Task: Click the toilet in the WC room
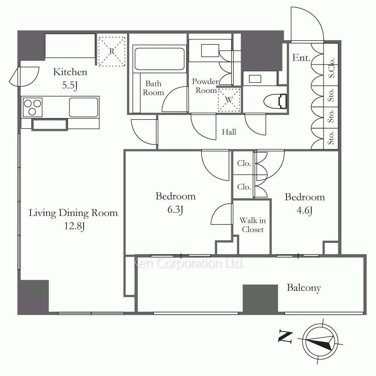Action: pyautogui.click(x=275, y=101)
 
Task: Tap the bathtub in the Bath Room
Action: pyautogui.click(x=159, y=59)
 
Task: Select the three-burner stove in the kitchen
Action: pyautogui.click(x=32, y=107)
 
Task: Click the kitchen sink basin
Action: pyautogui.click(x=83, y=107)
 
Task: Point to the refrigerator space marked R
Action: pyautogui.click(x=112, y=51)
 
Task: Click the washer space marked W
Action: pyautogui.click(x=229, y=100)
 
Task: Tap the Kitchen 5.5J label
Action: pyautogui.click(x=70, y=79)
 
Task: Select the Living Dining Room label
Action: pyautogui.click(x=73, y=219)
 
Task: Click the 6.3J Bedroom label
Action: pyautogui.click(x=175, y=203)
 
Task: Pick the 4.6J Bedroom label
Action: pyautogui.click(x=305, y=203)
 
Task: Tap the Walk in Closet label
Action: pyautogui.click(x=253, y=225)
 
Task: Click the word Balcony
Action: pyautogui.click(x=304, y=288)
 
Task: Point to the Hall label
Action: pyautogui.click(x=229, y=132)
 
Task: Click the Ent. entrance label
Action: pyautogui.click(x=302, y=58)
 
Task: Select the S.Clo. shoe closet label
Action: pyautogui.click(x=331, y=68)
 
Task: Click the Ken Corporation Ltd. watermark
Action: pyautogui.click(x=188, y=263)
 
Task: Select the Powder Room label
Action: pyautogui.click(x=205, y=86)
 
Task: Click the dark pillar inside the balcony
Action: pyautogui.click(x=260, y=298)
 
